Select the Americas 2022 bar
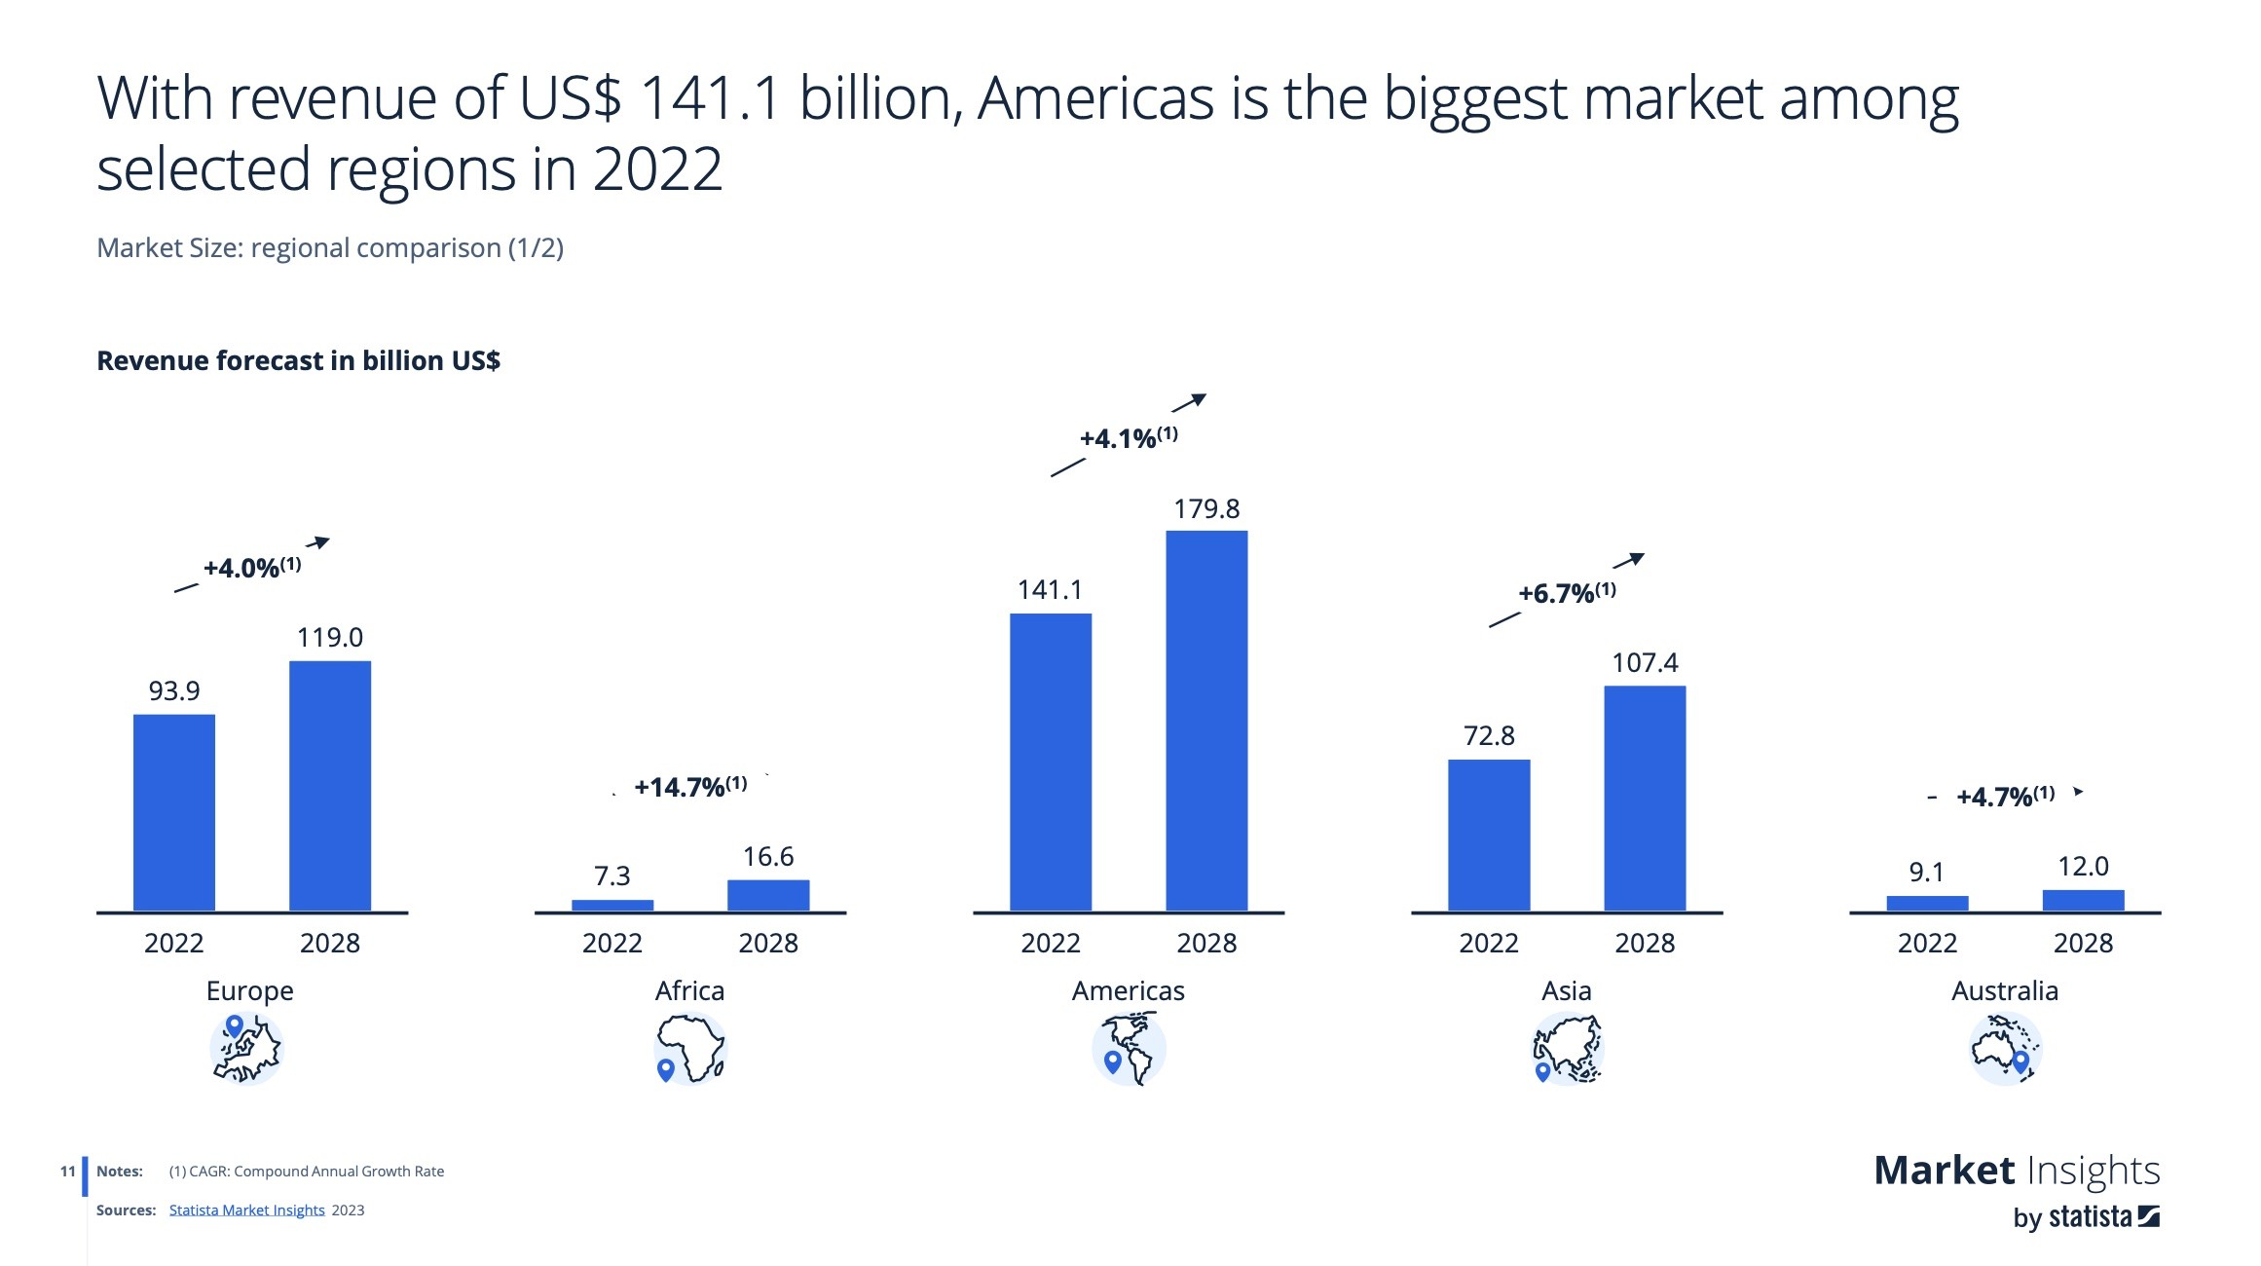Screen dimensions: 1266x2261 (1050, 762)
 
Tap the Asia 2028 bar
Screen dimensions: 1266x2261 (1645, 798)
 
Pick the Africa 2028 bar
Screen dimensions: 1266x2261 (768, 895)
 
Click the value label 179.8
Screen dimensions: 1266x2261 (1206, 508)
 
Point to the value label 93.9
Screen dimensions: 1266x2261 (174, 690)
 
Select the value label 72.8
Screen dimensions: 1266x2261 (1489, 735)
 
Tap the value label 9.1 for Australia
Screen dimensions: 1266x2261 (1926, 872)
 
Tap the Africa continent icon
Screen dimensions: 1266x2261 (690, 1049)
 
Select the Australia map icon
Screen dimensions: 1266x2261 (2004, 1049)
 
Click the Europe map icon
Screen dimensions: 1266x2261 (246, 1049)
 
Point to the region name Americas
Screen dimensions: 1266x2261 (1128, 990)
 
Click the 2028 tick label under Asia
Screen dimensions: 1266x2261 (1645, 943)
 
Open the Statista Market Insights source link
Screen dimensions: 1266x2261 (246, 1210)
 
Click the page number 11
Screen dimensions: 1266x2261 (67, 1171)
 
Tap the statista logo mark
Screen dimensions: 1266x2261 (2148, 1216)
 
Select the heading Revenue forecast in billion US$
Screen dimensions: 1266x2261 (298, 360)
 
